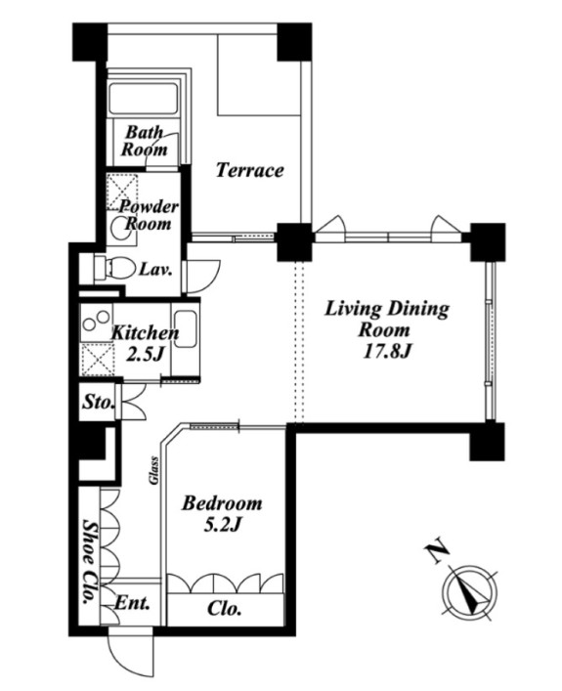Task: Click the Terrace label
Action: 249,170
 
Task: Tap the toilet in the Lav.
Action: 113,268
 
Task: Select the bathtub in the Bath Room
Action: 143,99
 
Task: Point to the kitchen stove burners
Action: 97,321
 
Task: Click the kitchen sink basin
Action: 186,328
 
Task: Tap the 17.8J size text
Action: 386,351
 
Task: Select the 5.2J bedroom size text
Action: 223,525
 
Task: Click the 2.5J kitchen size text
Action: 144,355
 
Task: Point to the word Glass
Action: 153,470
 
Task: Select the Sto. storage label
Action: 99,402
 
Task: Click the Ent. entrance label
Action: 131,602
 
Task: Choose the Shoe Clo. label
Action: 90,562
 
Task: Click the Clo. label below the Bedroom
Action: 224,609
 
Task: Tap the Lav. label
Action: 155,269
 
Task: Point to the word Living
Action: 353,310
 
